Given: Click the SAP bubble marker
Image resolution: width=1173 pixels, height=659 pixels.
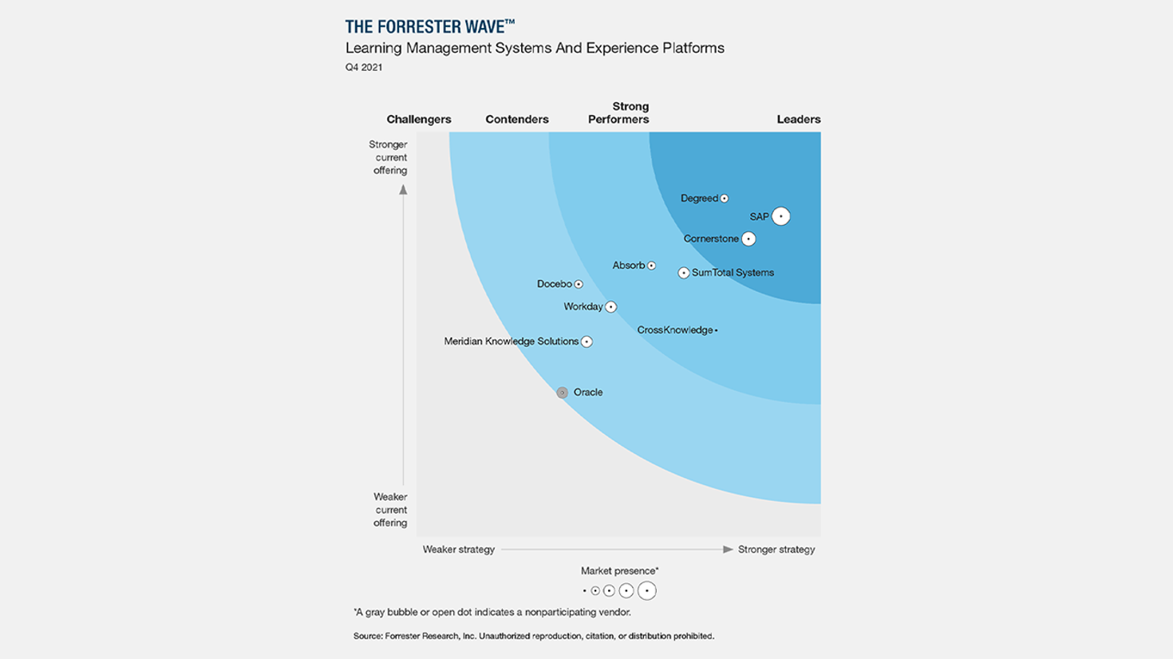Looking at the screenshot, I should coord(780,216).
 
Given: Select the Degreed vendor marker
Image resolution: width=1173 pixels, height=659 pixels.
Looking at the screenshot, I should coord(725,199).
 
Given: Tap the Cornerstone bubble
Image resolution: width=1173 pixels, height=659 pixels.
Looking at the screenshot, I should coord(748,239).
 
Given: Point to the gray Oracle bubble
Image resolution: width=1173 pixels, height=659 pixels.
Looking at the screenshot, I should coord(563,393).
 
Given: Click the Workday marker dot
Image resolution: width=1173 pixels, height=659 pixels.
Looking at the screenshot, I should coord(610,306).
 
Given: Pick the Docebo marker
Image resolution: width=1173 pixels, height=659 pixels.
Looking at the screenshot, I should coord(579,284).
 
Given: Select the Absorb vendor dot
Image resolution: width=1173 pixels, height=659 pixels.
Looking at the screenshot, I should coord(651,266).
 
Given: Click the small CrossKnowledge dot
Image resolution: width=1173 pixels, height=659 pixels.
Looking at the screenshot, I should coord(717,330).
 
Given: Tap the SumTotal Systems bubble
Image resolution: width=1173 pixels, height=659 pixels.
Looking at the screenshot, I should coord(684,273).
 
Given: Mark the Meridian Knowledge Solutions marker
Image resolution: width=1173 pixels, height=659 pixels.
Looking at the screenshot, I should coord(586,341).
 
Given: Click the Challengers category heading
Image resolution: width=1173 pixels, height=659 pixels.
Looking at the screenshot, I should coord(419,120).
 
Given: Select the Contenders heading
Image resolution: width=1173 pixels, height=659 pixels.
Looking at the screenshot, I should coord(517,120).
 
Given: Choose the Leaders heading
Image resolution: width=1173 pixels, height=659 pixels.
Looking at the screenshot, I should coord(798,120).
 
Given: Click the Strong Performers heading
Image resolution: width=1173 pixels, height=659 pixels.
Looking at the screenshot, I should coord(619,112).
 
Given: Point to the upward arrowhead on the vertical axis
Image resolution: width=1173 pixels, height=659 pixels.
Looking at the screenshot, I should coord(403,190).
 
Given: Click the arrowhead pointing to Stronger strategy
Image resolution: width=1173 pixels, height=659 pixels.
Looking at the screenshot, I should coord(728,550).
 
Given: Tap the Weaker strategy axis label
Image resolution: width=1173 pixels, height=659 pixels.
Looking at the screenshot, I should coord(459,550).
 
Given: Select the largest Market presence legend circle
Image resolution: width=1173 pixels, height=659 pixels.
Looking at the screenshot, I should coord(647,591).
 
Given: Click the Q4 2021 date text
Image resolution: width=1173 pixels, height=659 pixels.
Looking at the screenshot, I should coord(364,68).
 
